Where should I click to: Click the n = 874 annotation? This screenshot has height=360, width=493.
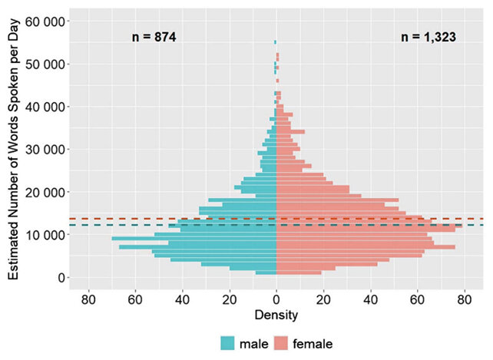[x=154, y=36]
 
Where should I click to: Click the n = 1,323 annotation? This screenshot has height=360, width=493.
[x=428, y=36]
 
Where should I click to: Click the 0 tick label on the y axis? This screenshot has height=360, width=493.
[x=59, y=277]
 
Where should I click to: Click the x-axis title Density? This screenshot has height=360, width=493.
[x=276, y=315]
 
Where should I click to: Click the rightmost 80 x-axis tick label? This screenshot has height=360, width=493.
[x=464, y=299]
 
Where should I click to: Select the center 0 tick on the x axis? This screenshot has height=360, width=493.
[x=276, y=299]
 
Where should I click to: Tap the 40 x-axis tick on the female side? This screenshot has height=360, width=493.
[x=370, y=299]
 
